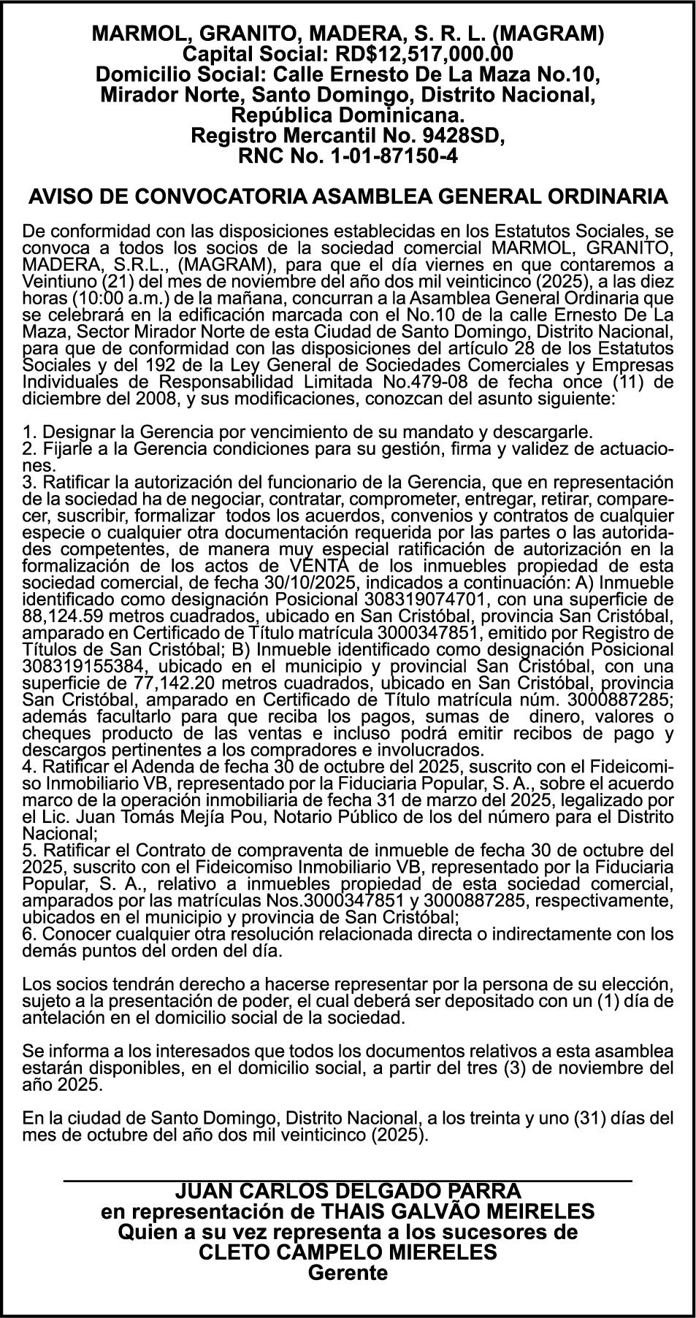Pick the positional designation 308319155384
coord(88,665)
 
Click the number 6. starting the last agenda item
coord(30,933)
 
